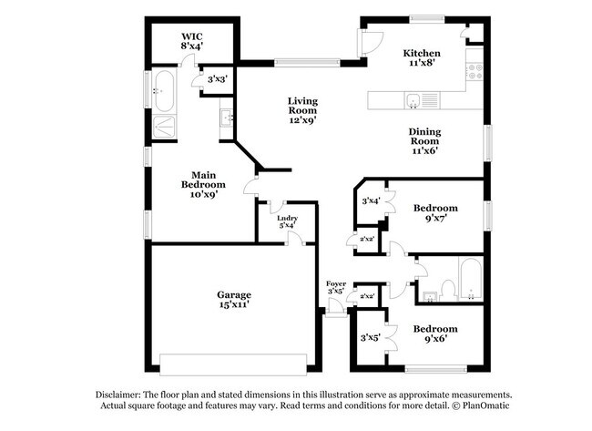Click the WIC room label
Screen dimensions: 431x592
click(x=190, y=39)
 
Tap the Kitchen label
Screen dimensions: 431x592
click(x=422, y=59)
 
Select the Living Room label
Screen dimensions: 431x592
click(x=302, y=109)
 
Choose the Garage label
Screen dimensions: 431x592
click(x=233, y=300)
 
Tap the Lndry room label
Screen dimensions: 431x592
click(x=289, y=222)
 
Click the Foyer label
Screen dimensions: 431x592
click(x=337, y=288)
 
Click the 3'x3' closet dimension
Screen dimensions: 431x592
click(x=217, y=80)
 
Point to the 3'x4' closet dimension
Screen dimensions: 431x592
click(x=372, y=200)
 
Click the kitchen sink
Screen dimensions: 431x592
click(x=413, y=100)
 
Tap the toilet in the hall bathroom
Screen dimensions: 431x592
click(x=447, y=290)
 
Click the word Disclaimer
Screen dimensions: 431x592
click(x=122, y=394)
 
